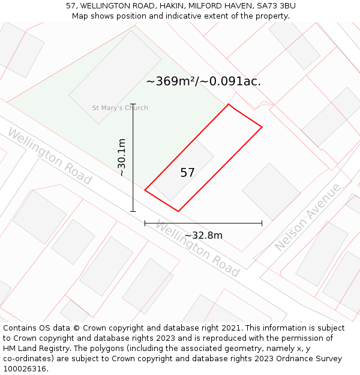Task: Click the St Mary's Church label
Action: tap(119, 108)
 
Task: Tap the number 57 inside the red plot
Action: tap(187, 173)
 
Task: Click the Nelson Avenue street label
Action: tap(307, 217)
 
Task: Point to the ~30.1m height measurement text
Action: tap(122, 157)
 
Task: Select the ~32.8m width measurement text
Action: tap(203, 235)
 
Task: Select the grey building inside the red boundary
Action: tap(182, 170)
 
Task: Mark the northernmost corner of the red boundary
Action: tap(228, 104)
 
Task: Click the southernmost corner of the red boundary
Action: tap(178, 211)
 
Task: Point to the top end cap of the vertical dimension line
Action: tap(133, 104)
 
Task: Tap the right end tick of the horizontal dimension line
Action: tap(262, 223)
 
